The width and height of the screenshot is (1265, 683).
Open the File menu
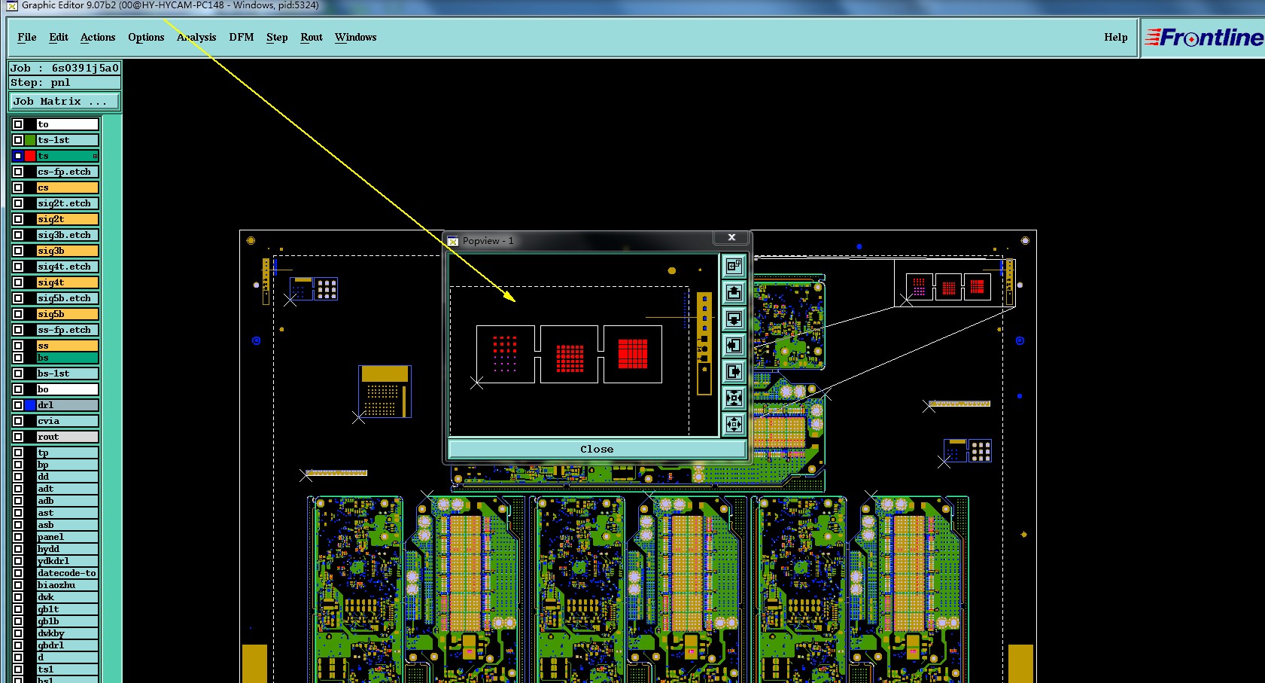tap(26, 38)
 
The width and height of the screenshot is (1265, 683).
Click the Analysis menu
tap(196, 38)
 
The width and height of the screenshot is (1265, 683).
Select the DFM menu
tap(241, 38)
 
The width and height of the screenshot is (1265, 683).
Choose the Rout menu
tap(311, 38)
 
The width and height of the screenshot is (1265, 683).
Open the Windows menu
tap(355, 38)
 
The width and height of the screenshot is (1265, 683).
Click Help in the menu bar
tap(1115, 38)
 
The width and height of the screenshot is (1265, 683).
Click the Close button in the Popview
tap(597, 449)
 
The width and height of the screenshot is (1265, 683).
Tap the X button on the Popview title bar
tap(731, 237)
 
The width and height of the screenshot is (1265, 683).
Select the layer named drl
tap(67, 405)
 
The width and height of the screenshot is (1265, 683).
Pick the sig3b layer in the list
tap(67, 251)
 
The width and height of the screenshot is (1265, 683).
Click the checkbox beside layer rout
tap(18, 437)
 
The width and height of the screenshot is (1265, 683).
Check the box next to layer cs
tap(18, 188)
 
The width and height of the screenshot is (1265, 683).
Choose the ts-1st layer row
tap(67, 140)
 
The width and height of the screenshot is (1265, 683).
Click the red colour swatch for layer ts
tap(30, 156)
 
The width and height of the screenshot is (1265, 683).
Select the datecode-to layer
tap(67, 573)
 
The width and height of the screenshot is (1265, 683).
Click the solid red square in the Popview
tap(632, 354)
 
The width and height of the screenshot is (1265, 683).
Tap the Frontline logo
tap(1203, 38)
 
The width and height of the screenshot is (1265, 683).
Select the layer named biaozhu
tap(67, 584)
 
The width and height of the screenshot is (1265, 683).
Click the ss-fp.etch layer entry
tap(67, 330)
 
